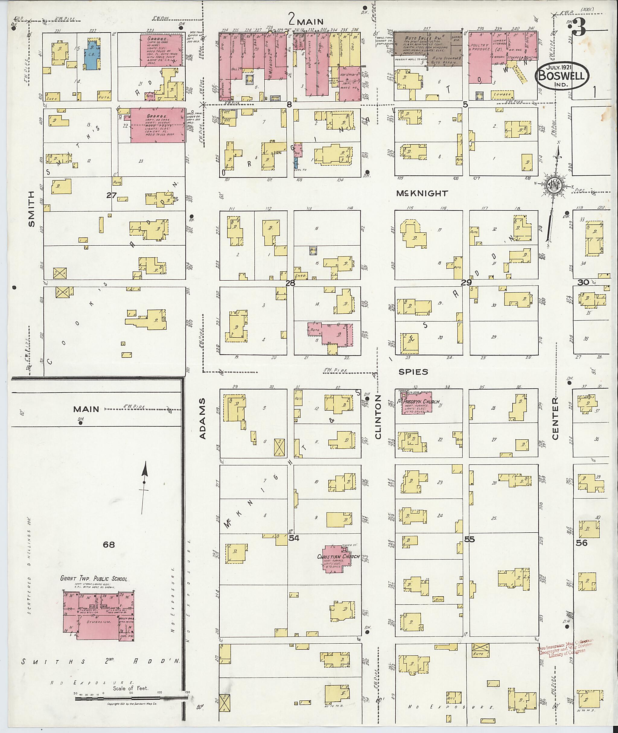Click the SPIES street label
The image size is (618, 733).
(413, 372)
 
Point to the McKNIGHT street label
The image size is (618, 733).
(417, 193)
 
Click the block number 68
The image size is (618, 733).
(109, 544)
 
